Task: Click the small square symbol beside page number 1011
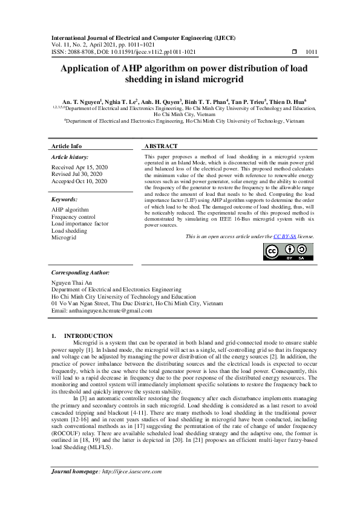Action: pos(295,52)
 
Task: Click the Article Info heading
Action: pos(67,146)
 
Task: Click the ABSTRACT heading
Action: pos(161,146)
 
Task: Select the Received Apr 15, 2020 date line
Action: pos(80,167)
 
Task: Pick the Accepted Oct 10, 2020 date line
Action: pos(80,181)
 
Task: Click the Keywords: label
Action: pos(65,199)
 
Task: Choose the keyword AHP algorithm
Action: pos(70,209)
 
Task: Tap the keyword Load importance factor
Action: pos(80,224)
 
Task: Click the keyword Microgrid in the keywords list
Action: pos(64,238)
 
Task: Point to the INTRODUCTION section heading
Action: pos(88,336)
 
